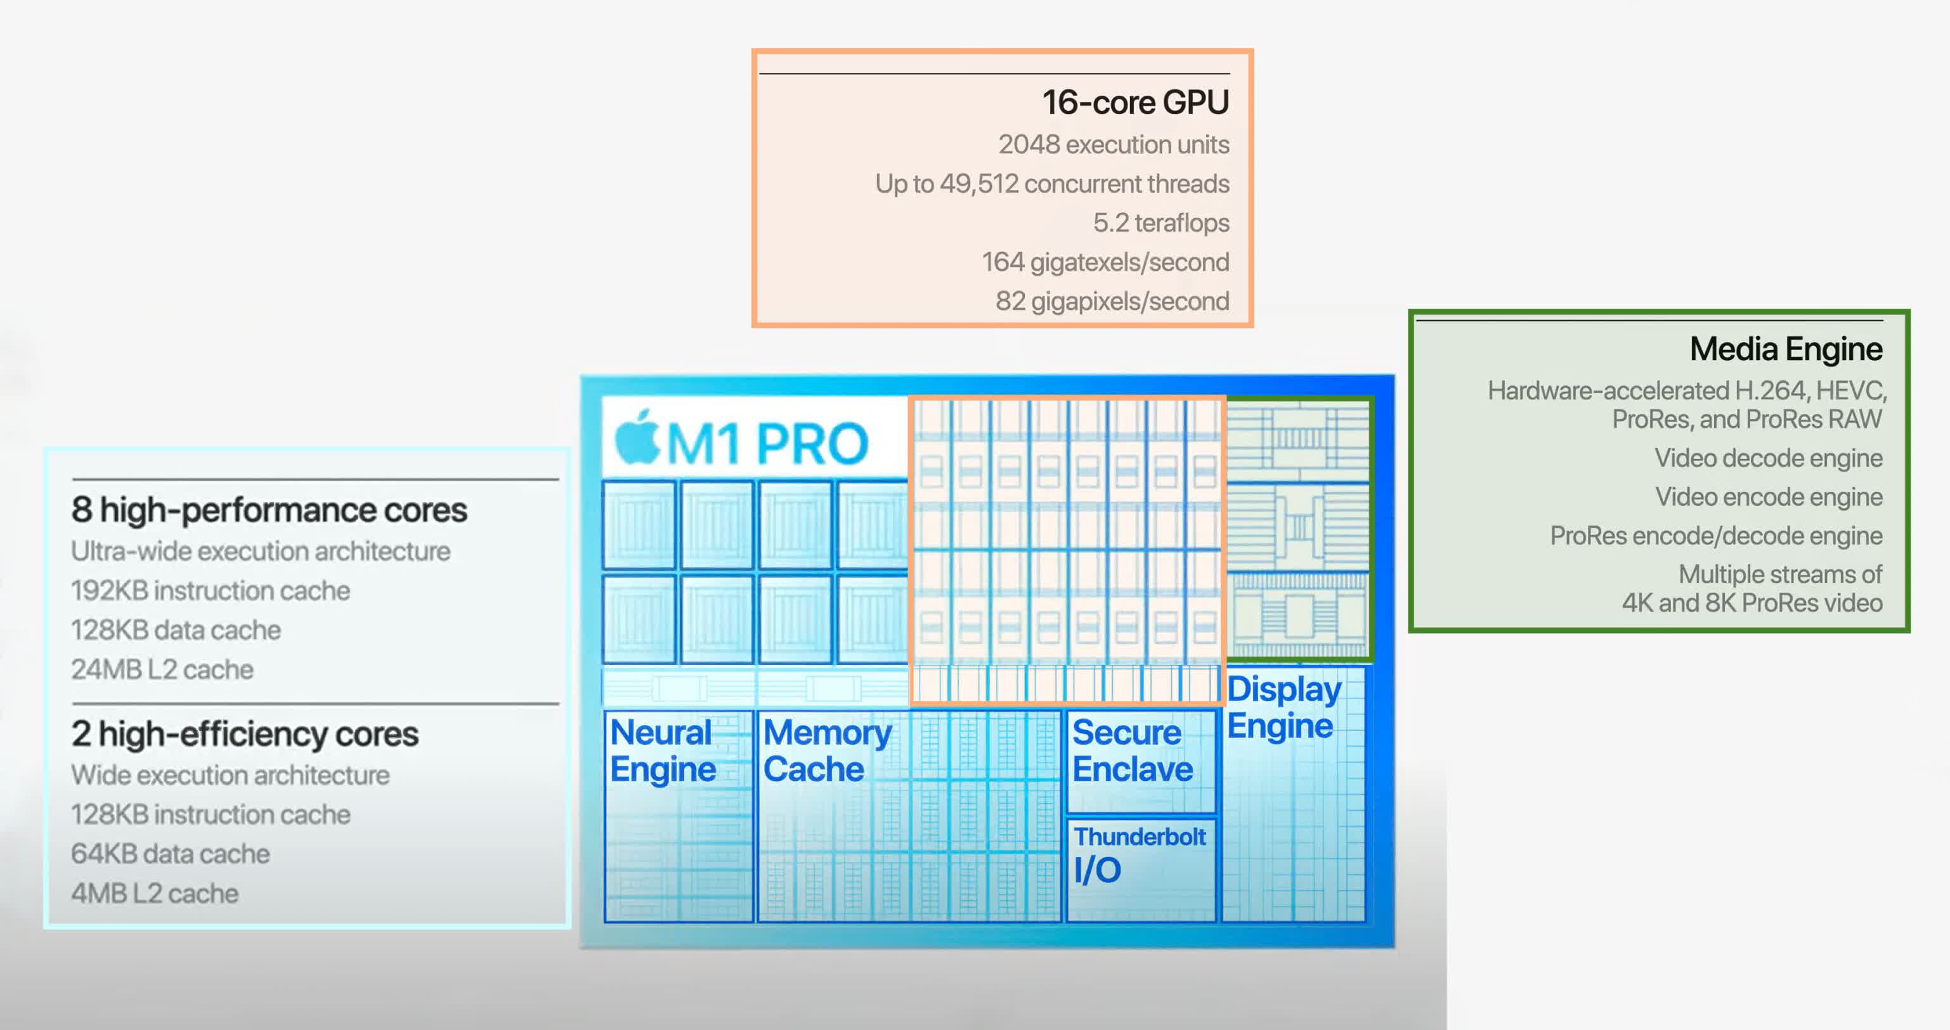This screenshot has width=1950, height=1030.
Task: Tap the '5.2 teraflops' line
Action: coord(1160,222)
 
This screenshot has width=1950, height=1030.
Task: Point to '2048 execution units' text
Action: coord(1113,144)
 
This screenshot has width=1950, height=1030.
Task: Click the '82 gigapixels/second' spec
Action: coord(1112,301)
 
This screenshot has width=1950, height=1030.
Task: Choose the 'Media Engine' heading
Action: coord(1786,349)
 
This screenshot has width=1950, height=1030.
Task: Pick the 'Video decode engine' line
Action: coord(1767,458)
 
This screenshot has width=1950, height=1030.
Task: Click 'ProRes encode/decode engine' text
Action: coord(1715,536)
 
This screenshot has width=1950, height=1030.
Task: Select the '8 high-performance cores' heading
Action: coord(269,510)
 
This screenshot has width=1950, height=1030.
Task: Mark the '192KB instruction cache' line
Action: coord(211,591)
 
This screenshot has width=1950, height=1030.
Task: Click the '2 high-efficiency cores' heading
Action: coord(245,734)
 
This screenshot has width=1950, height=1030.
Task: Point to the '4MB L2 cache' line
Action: coord(155,894)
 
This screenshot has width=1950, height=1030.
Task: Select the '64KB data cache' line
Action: coord(171,854)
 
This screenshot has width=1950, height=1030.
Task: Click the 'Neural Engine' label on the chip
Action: coord(662,750)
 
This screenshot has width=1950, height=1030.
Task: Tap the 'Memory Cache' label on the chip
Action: coord(827,750)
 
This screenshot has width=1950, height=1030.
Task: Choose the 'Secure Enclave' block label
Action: coord(1133,750)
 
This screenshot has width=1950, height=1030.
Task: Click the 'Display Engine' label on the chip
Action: coord(1283,707)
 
